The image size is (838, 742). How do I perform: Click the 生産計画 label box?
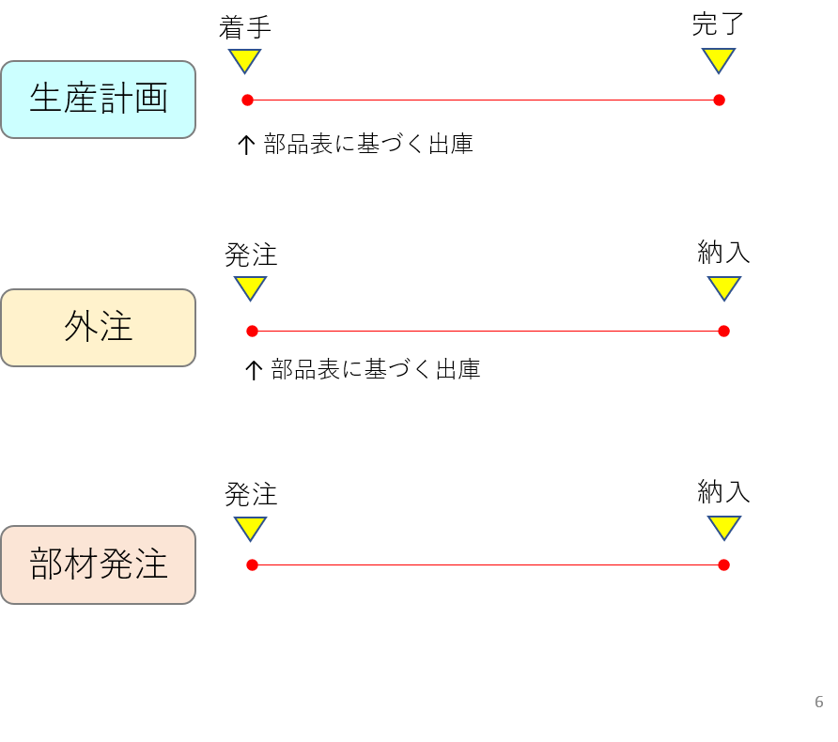(98, 100)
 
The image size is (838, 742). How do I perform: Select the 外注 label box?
(98, 328)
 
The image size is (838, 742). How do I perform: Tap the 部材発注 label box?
(98, 564)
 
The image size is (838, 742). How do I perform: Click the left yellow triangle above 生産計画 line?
(244, 59)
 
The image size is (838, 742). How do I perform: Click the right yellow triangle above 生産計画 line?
(719, 59)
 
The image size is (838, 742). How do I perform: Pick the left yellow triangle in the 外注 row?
(250, 286)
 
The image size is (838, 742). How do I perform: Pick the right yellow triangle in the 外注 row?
(724, 286)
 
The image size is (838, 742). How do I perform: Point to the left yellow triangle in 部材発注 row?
(250, 526)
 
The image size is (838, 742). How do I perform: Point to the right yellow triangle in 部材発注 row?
(724, 526)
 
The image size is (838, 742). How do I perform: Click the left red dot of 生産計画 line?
(247, 100)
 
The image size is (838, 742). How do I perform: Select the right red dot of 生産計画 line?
(719, 100)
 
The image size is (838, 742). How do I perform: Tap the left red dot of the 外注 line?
(252, 331)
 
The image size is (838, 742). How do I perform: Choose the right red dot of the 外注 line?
(723, 331)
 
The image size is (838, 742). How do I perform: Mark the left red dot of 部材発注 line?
(252, 564)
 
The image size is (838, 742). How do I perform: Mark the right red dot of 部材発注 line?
(723, 564)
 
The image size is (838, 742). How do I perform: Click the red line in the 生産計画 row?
(483, 100)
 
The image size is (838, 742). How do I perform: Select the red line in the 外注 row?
(488, 331)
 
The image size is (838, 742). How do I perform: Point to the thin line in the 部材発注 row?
(488, 564)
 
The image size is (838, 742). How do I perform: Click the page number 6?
(819, 702)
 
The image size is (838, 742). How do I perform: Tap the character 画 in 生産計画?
(151, 99)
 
